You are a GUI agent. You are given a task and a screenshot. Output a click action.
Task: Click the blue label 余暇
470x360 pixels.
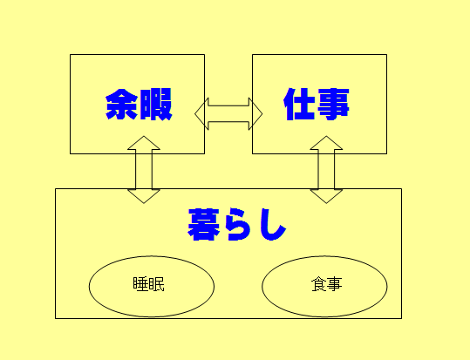139,105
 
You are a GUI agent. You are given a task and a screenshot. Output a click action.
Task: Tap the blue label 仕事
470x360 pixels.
317,104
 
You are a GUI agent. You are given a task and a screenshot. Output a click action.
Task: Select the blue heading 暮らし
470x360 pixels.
237,225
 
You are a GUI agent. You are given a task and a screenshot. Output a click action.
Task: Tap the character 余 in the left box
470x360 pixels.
122,105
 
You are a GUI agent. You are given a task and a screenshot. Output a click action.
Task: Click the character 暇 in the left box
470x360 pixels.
156,105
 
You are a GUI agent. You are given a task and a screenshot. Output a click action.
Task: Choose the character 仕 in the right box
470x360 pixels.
300,104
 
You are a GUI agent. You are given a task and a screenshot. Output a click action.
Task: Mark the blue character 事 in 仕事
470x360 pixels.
333,105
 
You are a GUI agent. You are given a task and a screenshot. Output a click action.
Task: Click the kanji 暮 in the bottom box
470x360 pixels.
204,225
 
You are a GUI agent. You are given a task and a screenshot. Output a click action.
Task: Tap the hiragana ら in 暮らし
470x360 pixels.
238,225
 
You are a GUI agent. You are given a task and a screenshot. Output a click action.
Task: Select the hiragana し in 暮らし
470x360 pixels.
272,225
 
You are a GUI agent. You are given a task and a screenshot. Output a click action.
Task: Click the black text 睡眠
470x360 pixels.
148,284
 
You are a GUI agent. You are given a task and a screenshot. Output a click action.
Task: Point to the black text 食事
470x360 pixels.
326,284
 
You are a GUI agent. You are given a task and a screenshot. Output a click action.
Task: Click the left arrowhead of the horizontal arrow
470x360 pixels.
201,114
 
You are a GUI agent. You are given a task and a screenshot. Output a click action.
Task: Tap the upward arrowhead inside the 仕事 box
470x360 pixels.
326,143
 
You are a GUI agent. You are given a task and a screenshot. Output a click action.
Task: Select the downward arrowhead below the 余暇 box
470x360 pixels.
144,196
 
